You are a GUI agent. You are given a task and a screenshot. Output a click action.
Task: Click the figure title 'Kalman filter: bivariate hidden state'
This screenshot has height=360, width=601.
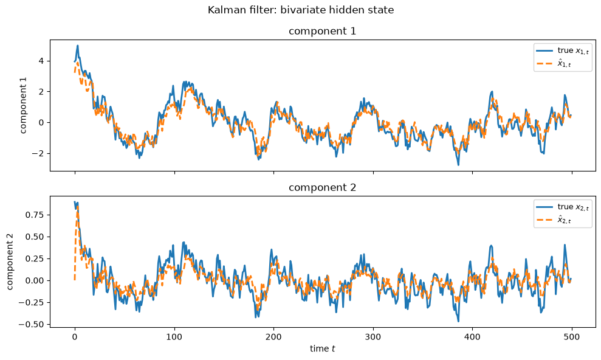[300, 10]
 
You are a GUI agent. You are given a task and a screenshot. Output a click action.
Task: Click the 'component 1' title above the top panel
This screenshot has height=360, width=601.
[322, 31]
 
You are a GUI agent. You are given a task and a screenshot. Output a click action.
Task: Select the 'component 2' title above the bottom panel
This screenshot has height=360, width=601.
[322, 187]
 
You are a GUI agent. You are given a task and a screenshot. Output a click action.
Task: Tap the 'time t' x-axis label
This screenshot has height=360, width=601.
[322, 348]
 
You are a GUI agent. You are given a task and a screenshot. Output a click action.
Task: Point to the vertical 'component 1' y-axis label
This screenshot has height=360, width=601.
[24, 105]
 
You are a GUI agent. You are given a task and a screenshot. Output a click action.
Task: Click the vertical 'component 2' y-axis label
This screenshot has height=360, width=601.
[10, 261]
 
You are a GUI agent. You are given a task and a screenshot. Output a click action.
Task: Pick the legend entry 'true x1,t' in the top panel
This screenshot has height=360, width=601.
[562, 50]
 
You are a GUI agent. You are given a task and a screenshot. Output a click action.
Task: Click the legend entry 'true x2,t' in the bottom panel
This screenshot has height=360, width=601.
[562, 207]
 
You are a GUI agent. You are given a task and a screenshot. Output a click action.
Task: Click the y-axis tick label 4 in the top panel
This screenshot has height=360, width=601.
[42, 61]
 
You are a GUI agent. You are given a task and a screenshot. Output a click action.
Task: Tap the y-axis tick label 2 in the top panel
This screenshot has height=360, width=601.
[42, 92]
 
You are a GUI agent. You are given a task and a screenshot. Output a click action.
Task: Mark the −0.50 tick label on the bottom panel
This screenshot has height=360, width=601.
[33, 324]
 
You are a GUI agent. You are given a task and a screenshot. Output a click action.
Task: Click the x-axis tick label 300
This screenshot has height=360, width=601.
[373, 337]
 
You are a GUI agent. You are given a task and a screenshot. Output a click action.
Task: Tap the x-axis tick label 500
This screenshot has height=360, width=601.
[572, 337]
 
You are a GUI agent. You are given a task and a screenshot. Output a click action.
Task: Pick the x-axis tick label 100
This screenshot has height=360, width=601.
[175, 337]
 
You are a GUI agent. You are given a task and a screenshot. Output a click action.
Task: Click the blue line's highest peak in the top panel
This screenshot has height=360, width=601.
[78, 46]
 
